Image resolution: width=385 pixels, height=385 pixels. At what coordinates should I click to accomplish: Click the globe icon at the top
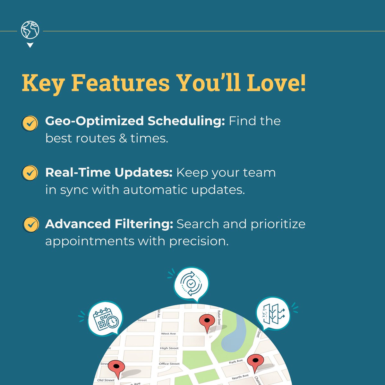tap(30, 30)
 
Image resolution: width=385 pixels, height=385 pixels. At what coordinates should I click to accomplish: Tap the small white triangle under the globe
tap(30, 45)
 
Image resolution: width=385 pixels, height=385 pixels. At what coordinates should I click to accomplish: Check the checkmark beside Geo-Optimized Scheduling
tap(30, 123)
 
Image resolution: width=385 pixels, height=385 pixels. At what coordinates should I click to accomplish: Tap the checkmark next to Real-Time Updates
tap(30, 173)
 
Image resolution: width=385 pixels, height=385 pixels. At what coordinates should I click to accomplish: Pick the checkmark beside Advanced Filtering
tap(31, 225)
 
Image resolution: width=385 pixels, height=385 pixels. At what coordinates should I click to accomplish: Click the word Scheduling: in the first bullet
tap(186, 121)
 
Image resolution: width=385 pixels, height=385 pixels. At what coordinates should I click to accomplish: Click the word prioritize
tap(278, 224)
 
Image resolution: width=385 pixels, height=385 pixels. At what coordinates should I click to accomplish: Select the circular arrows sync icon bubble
tap(191, 284)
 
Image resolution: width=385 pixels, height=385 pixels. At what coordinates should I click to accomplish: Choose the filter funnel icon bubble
tap(272, 313)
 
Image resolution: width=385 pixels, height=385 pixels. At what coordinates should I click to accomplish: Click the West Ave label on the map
tap(168, 334)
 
